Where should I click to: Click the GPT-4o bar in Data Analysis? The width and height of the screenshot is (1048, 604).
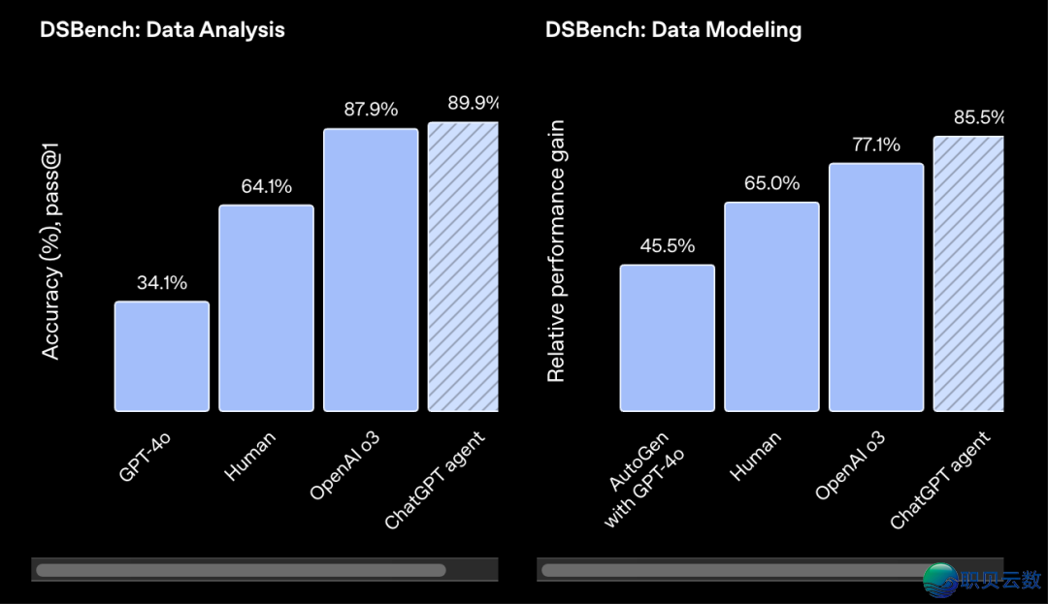pyautogui.click(x=161, y=356)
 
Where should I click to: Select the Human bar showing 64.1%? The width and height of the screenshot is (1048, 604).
pyautogui.click(x=266, y=308)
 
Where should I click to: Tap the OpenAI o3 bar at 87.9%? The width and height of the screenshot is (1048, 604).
pyautogui.click(x=371, y=270)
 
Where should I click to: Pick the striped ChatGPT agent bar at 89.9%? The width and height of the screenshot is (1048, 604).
pyautogui.click(x=463, y=267)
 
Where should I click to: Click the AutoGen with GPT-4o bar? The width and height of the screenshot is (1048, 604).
pyautogui.click(x=667, y=337)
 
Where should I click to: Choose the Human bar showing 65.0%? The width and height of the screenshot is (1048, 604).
pyautogui.click(x=771, y=306)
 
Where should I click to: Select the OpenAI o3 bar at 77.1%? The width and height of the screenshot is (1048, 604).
pyautogui.click(x=876, y=287)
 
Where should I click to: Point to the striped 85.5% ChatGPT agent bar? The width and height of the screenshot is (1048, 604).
pyautogui.click(x=968, y=273)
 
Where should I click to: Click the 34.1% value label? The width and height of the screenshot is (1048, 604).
pyautogui.click(x=161, y=283)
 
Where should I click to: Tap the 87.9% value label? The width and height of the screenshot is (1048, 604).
pyautogui.click(x=371, y=110)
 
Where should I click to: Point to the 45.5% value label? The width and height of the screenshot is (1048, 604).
pyautogui.click(x=667, y=246)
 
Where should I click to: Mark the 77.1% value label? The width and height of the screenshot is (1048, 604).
pyautogui.click(x=876, y=145)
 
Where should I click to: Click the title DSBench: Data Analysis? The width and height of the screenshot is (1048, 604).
pyautogui.click(x=162, y=29)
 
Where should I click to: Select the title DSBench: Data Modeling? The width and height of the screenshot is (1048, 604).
pyautogui.click(x=673, y=29)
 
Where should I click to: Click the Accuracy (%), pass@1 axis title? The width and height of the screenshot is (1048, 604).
pyautogui.click(x=51, y=252)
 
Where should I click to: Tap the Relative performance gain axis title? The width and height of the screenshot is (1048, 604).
pyautogui.click(x=556, y=251)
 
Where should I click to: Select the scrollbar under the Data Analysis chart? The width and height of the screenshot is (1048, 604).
pyautogui.click(x=241, y=570)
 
